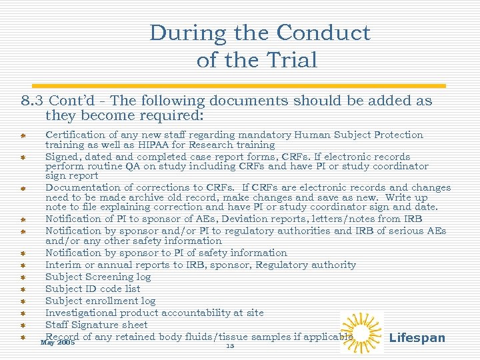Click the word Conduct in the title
coord(323,33)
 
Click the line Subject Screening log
coord(98,277)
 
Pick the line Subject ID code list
coord(93,289)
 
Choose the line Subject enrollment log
coord(100,301)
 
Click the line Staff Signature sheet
coord(96,325)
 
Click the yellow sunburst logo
coord(361,332)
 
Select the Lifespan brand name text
coord(417,338)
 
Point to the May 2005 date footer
coord(57,343)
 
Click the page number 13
coord(230,346)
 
